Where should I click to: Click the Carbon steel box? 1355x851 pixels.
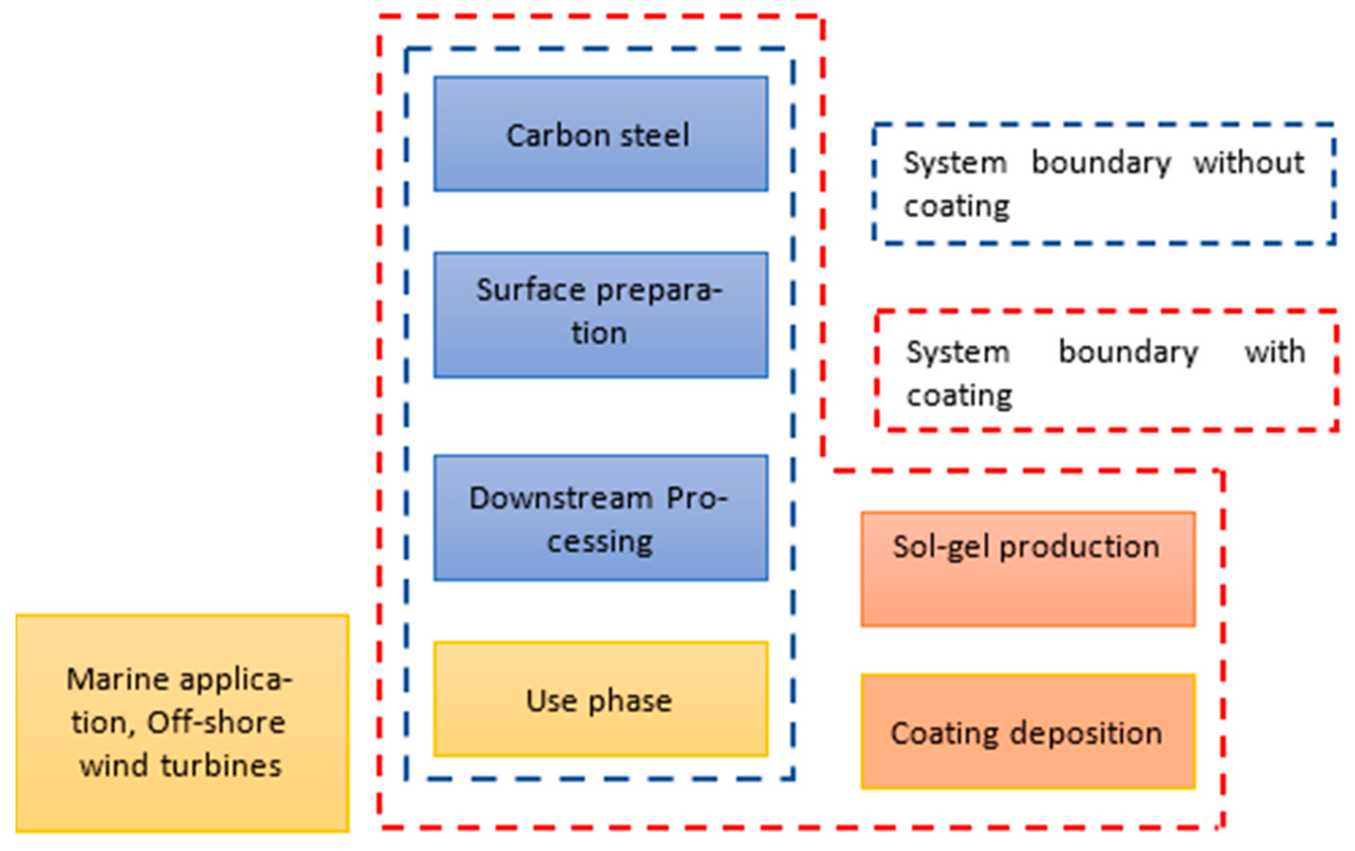point(600,134)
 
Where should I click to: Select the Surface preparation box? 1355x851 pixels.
point(600,315)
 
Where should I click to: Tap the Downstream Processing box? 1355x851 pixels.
point(600,518)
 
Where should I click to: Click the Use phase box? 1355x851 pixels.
point(600,699)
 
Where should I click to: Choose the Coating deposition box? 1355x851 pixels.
point(1028,732)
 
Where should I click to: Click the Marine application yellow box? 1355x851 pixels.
point(182,723)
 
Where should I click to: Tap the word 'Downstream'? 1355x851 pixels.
point(561,498)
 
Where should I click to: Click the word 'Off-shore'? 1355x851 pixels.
point(216,723)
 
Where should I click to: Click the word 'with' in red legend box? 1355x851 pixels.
point(1274,353)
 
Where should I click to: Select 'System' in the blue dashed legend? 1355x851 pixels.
point(955,163)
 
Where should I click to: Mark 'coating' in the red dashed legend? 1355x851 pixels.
point(959,395)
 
